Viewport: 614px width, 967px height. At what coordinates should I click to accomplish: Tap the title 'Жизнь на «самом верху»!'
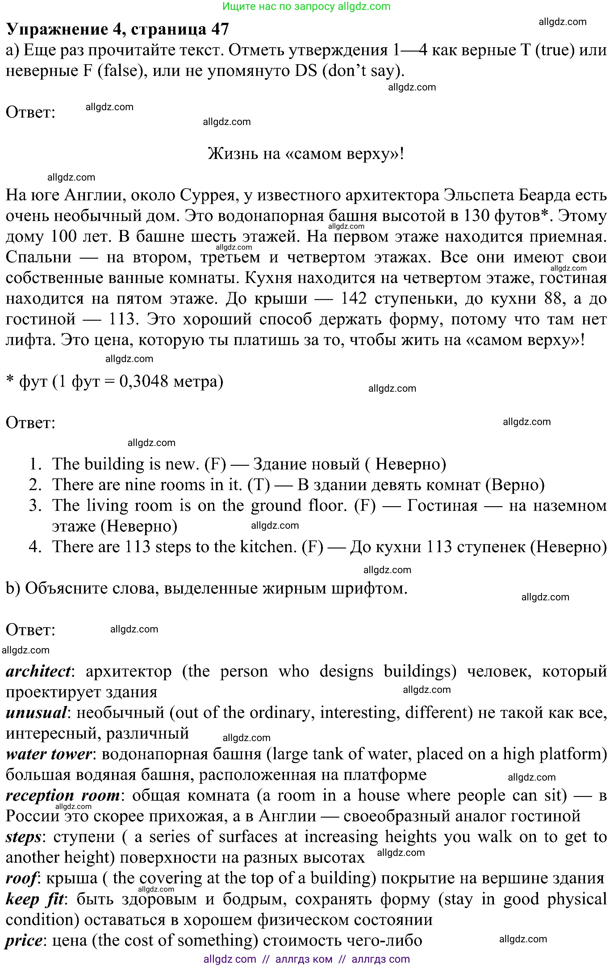click(306, 153)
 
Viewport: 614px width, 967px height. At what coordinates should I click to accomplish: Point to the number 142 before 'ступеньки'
click(353, 298)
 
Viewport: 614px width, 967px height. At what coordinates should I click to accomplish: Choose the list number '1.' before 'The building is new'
click(35, 464)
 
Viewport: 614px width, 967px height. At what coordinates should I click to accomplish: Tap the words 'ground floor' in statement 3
click(299, 505)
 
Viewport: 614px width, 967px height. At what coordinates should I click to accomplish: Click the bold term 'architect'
click(38, 671)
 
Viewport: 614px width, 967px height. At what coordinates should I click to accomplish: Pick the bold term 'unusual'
click(36, 712)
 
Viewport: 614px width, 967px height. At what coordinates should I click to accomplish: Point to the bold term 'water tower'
click(49, 754)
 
